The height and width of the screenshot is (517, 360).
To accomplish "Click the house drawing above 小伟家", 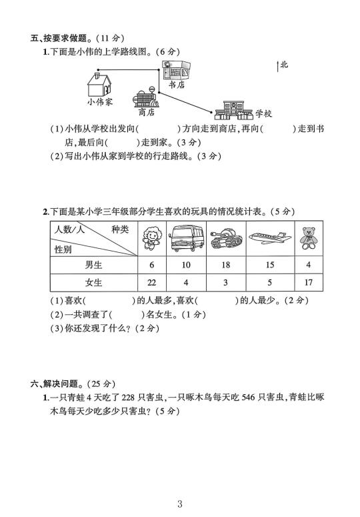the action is coord(99,85).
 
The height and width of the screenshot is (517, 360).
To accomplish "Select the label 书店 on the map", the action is coord(177,85).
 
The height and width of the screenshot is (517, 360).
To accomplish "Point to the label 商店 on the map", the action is coord(146,112).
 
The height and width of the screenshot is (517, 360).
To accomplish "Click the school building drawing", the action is coord(233,111).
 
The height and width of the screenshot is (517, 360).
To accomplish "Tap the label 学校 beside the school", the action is coord(263,114).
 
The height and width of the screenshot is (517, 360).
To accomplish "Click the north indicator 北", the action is coord(284,65).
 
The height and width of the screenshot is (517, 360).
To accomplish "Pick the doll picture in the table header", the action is coord(152,238).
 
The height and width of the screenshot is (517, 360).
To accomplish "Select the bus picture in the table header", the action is coord(186,238).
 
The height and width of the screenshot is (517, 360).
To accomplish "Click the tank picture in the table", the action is coord(226,239).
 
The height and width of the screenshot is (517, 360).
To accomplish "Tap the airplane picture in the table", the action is coord(270,237).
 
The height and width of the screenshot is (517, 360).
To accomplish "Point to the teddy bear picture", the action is coord(308,238).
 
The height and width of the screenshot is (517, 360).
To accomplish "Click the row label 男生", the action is coord(93,265).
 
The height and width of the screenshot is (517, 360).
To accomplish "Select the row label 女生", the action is coord(93,283).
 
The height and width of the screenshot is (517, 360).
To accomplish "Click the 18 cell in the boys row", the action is coord(225,265).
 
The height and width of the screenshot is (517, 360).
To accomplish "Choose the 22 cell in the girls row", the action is coord(151,283).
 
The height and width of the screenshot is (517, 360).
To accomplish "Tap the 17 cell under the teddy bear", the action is coord(308,283).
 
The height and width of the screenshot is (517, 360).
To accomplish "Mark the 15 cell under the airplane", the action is coord(270,265).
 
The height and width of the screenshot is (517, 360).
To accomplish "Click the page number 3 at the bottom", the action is coord(179,504).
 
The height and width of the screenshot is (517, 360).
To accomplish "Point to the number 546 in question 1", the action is coord(248,398).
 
